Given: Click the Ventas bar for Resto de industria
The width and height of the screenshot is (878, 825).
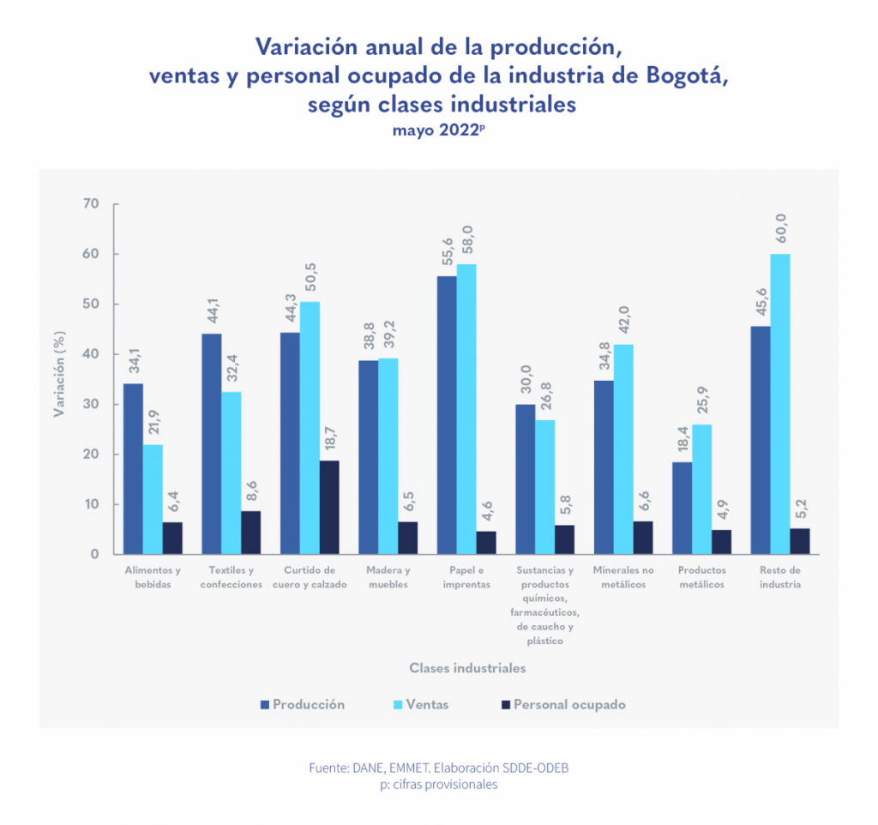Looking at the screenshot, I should pyautogui.click(x=780, y=404).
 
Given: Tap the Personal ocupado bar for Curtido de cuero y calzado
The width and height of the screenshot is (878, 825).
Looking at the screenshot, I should pyautogui.click(x=329, y=507).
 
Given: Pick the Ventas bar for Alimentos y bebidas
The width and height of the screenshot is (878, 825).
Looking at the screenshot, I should pyautogui.click(x=153, y=499).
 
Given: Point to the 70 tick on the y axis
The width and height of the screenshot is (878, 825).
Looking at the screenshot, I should pyautogui.click(x=90, y=204).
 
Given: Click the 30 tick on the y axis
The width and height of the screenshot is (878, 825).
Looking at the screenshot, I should pyautogui.click(x=90, y=404).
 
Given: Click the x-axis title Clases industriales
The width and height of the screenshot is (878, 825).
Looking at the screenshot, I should pyautogui.click(x=467, y=667).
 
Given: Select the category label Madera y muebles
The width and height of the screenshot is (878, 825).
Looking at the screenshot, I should pyautogui.click(x=388, y=577).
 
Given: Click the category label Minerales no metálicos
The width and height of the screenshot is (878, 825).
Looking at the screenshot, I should pyautogui.click(x=623, y=577).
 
